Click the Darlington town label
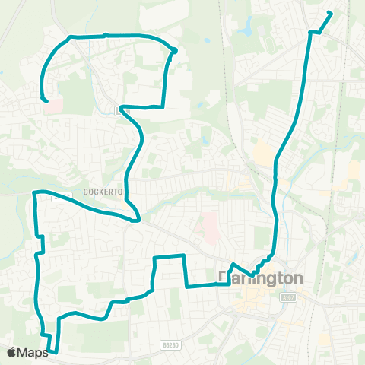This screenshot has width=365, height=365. click(x=261, y=278)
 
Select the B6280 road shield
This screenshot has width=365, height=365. click(x=170, y=344)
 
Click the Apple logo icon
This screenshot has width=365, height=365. click(x=12, y=352)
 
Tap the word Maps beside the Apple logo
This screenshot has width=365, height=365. click(x=33, y=352)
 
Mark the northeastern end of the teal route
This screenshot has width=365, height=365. click(x=330, y=12)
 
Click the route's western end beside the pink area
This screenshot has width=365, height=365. click(x=46, y=100)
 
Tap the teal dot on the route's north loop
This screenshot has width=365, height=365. click(x=174, y=51)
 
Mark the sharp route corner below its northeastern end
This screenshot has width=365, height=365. click(x=311, y=32)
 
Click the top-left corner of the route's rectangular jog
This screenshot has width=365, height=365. click(x=154, y=259)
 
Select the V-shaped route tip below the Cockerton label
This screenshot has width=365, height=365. click(x=138, y=220)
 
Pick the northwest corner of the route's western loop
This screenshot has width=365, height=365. click(x=35, y=193)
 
